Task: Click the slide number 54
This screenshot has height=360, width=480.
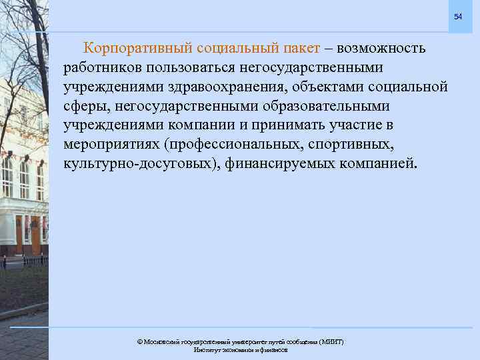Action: click(x=458, y=16)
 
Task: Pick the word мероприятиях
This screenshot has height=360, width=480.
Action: click(x=115, y=145)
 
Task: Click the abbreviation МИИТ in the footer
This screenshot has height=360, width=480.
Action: click(x=331, y=341)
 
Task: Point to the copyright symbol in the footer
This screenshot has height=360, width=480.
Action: click(x=139, y=341)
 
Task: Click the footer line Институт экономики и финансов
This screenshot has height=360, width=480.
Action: click(x=240, y=349)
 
